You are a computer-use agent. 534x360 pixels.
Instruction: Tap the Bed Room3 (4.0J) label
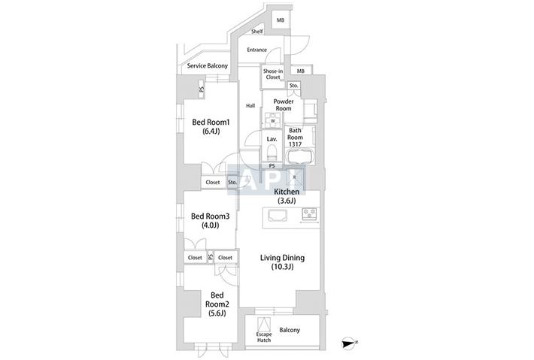(x=210, y=220)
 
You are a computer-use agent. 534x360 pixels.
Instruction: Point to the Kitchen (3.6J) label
(x=287, y=196)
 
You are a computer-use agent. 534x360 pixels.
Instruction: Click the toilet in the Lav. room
(x=272, y=153)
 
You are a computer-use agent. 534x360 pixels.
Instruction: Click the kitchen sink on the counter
(x=278, y=215)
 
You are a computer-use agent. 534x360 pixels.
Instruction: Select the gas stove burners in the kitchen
(x=310, y=213)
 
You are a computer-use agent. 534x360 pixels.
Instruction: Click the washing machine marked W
(x=273, y=120)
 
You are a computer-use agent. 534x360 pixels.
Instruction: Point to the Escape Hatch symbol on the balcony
(x=264, y=325)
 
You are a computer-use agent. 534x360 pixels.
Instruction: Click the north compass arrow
(x=349, y=343)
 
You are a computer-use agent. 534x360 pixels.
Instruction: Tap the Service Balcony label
(x=208, y=65)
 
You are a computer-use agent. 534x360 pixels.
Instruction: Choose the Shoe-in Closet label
(x=273, y=74)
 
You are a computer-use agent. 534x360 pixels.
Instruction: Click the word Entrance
(x=256, y=50)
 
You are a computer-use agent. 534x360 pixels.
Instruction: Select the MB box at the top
(x=281, y=21)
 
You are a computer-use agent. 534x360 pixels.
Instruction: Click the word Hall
(x=250, y=106)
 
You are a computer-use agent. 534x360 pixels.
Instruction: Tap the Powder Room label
(x=284, y=104)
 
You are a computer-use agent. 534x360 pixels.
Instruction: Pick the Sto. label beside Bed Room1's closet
(x=232, y=183)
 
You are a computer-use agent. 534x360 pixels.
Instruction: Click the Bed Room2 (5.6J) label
(x=217, y=304)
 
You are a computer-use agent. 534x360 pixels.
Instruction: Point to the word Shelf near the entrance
(x=257, y=32)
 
